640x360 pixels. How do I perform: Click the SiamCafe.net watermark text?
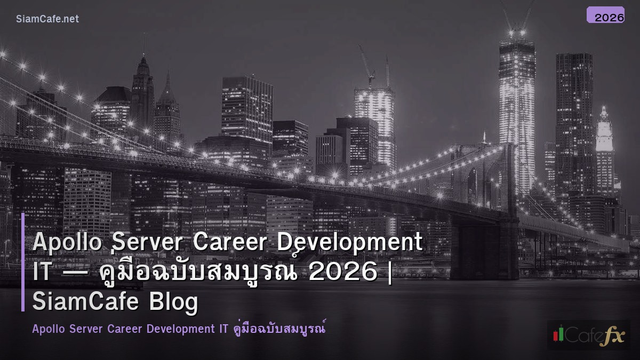click(x=47, y=19)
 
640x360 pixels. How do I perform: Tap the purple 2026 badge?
click(x=605, y=15)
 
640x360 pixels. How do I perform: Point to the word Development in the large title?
click(x=350, y=243)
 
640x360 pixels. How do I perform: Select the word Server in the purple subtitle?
click(x=84, y=329)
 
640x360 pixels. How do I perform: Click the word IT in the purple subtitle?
click(x=223, y=329)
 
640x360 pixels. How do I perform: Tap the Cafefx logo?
click(x=588, y=334)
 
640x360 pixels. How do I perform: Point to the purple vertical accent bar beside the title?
click(x=23, y=262)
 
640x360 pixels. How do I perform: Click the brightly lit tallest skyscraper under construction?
click(x=516, y=107)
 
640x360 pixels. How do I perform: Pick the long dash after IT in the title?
click(x=75, y=273)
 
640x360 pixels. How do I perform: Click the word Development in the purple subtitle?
click(x=180, y=329)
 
